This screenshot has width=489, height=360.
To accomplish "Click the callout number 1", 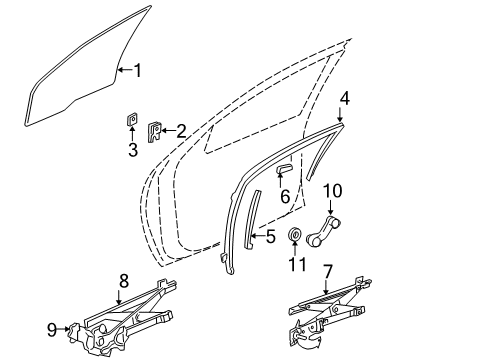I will [x=138, y=70].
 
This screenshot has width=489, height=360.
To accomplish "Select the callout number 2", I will [x=181, y=129].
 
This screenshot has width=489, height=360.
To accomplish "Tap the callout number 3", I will [x=132, y=151].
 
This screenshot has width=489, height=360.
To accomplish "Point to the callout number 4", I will [x=344, y=98].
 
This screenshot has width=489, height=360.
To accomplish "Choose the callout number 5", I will [x=270, y=237].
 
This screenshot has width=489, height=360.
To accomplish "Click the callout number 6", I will [x=285, y=197].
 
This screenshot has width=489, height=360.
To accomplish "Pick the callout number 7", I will [x=327, y=271].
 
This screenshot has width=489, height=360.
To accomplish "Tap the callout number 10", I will [x=332, y=189].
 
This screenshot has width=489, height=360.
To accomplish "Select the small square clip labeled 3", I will [x=132, y=121].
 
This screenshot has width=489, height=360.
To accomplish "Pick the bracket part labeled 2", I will [x=155, y=131].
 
